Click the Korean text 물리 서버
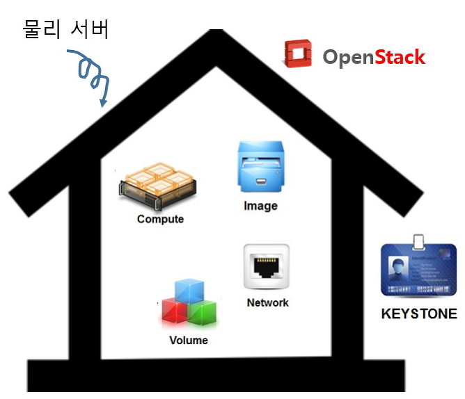[x=66, y=29]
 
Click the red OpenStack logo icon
[x=299, y=55]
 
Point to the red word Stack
[x=400, y=57]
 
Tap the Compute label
[x=160, y=219]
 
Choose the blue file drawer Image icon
[x=260, y=168]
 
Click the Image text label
[x=260, y=206]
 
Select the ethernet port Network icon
[x=266, y=266]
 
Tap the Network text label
[x=267, y=302]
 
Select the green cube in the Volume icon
[x=203, y=313]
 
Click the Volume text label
[x=189, y=340]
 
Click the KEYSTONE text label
[x=419, y=313]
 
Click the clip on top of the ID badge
[x=418, y=241]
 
